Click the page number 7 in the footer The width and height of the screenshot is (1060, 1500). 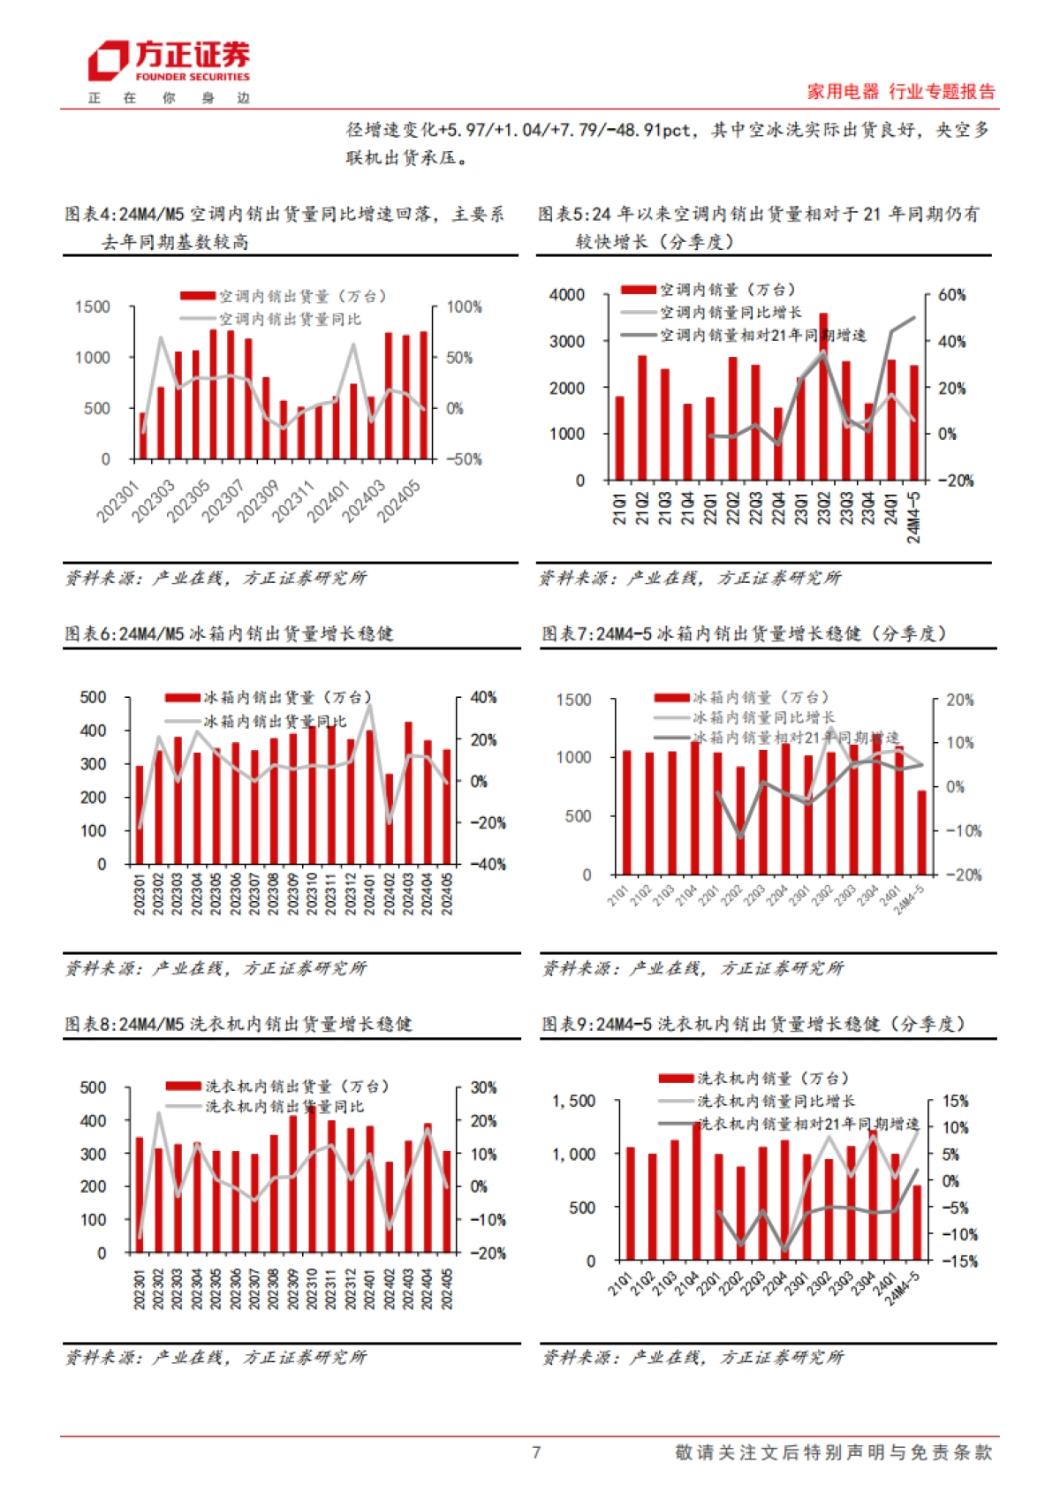536,1452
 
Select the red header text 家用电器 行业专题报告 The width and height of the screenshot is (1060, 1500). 900,91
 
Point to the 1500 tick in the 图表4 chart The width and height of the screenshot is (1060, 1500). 93,307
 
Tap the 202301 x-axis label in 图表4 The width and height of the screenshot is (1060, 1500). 118,501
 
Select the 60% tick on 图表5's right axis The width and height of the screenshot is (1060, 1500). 951,295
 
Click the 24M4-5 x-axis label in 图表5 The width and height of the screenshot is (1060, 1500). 914,518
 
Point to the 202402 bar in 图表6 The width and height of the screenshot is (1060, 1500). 390,819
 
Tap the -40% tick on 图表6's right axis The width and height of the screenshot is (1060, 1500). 488,864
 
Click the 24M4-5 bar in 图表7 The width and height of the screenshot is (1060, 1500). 922,832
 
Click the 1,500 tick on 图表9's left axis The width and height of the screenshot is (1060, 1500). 574,1101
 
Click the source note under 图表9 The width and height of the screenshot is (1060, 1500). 693,1357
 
